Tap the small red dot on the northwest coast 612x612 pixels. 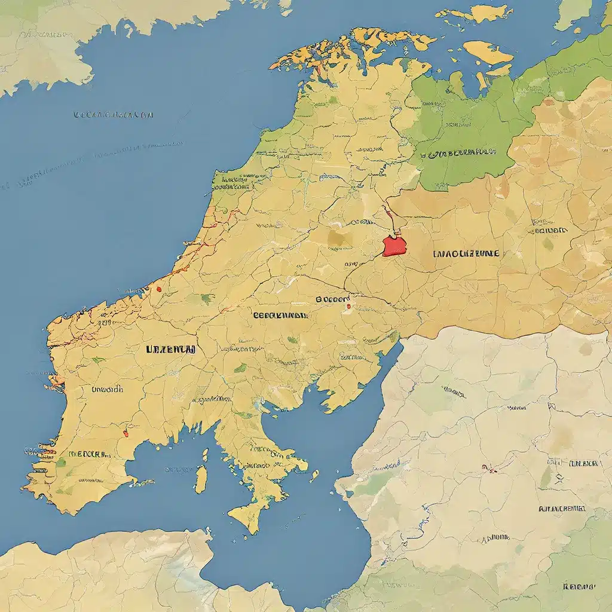pyautogui.click(x=159, y=289)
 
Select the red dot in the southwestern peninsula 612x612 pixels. pyautogui.click(x=126, y=433)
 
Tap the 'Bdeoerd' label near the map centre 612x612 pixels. pyautogui.click(x=333, y=298)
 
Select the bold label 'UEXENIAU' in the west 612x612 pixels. pyautogui.click(x=170, y=350)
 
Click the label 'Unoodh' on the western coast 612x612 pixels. pyautogui.click(x=107, y=389)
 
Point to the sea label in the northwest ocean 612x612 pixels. pyautogui.click(x=114, y=114)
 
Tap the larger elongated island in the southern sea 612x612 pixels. pyautogui.click(x=201, y=479)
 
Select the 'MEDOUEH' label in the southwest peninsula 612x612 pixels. pyautogui.click(x=90, y=454)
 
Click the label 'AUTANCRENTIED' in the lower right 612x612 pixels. pyautogui.click(x=561, y=509)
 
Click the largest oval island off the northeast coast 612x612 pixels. pyautogui.click(x=487, y=52)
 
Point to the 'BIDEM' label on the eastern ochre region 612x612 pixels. pyautogui.click(x=549, y=230)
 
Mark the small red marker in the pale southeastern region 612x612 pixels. pyautogui.click(x=492, y=469)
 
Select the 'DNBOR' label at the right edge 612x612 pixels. pyautogui.click(x=583, y=463)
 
